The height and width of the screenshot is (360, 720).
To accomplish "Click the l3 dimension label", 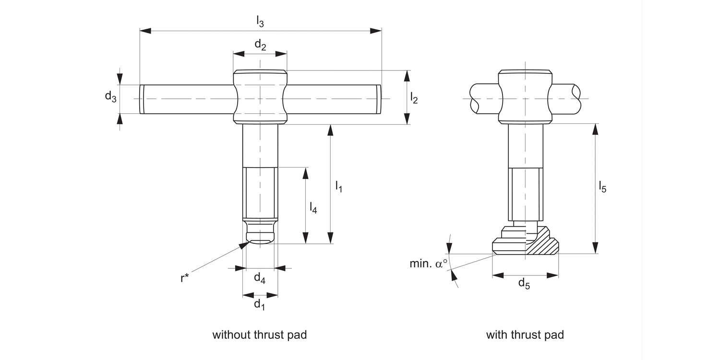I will click(x=260, y=21).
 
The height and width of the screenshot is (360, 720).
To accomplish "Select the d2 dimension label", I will click(x=260, y=45).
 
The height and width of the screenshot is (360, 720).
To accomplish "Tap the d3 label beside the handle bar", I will click(x=110, y=96).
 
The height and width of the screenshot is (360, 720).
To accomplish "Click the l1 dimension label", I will click(x=338, y=186).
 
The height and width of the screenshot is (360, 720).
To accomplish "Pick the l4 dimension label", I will click(x=313, y=207).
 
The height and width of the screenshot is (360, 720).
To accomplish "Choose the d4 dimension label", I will click(x=259, y=277).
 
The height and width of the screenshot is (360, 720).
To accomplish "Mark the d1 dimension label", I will click(x=259, y=304).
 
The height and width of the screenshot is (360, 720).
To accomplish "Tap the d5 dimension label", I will click(x=524, y=284).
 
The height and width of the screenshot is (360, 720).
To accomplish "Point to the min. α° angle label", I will click(x=428, y=264).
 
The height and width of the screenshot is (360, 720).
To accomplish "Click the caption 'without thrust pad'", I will click(x=259, y=335).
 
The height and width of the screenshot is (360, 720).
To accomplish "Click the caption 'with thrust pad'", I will click(x=525, y=335).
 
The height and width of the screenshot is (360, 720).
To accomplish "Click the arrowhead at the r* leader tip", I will click(x=243, y=245).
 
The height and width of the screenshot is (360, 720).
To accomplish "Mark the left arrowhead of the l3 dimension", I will click(x=145, y=31).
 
